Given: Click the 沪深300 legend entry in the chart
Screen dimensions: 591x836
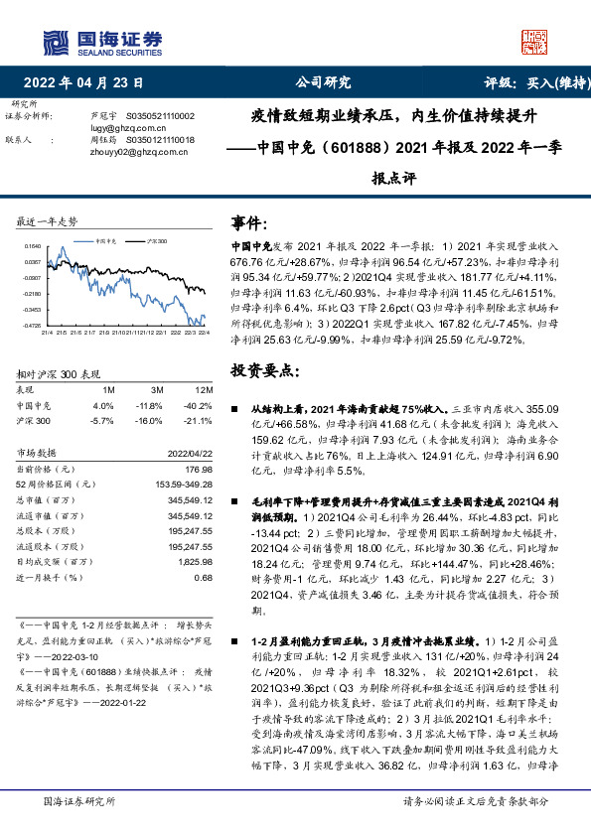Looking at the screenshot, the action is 157,240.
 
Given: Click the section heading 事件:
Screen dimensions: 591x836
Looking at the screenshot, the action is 248,222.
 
